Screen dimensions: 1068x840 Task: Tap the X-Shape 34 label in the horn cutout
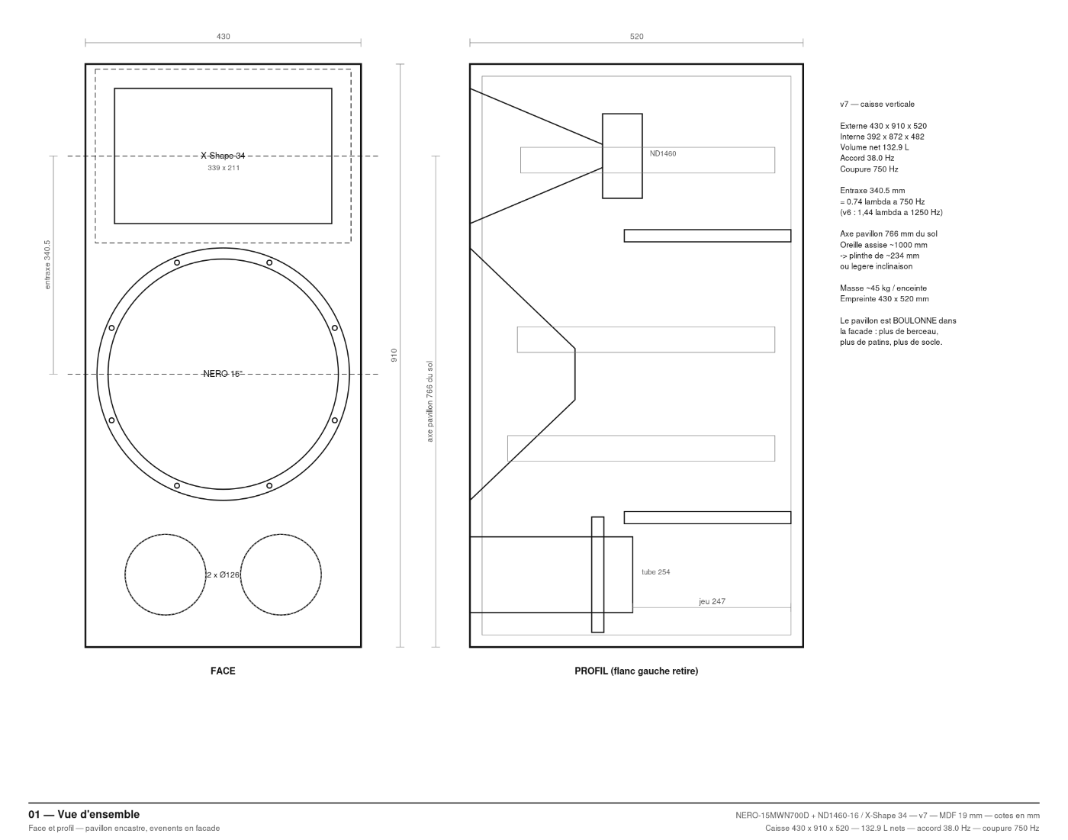pyautogui.click(x=223, y=156)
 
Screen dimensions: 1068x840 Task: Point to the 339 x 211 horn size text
pyautogui.click(x=224, y=168)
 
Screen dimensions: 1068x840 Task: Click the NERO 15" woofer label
pyautogui.click(x=223, y=374)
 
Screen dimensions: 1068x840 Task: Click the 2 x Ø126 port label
pyautogui.click(x=223, y=575)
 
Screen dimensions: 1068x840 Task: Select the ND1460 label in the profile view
pyautogui.click(x=662, y=154)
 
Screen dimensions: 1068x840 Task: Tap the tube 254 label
pyautogui.click(x=655, y=572)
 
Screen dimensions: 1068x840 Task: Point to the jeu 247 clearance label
pyautogui.click(x=713, y=601)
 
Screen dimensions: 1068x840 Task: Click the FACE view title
pyautogui.click(x=223, y=671)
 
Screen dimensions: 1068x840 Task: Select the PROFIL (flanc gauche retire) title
pyautogui.click(x=636, y=671)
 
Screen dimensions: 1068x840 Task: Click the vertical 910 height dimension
pyautogui.click(x=394, y=355)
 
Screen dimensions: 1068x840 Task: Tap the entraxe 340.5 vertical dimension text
pyautogui.click(x=47, y=265)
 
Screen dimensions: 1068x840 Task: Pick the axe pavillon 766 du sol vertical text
pyautogui.click(x=429, y=401)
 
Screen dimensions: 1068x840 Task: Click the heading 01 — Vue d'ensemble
pyautogui.click(x=84, y=814)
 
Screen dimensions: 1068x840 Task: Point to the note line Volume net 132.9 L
pyautogui.click(x=874, y=147)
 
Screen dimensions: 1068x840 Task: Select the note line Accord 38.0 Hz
pyautogui.click(x=867, y=158)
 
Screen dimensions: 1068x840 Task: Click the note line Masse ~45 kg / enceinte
pyautogui.click(x=883, y=288)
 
